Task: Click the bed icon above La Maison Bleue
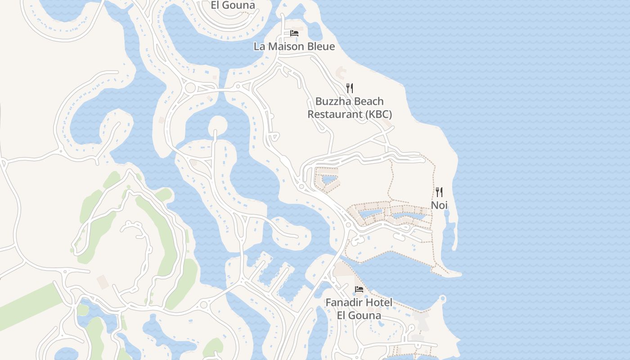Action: tap(294, 33)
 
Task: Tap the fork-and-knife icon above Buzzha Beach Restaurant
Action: tap(350, 88)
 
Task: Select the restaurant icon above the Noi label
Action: tap(439, 192)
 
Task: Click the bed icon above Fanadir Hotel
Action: tap(359, 289)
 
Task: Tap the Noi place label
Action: tap(439, 205)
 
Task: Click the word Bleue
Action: tap(321, 46)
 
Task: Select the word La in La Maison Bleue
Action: tap(259, 46)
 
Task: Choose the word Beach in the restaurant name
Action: tap(369, 101)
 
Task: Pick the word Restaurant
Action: tap(335, 114)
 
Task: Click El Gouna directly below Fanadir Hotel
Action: tap(359, 315)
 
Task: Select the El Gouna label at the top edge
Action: tap(233, 5)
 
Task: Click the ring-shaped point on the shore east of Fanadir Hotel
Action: tap(442, 298)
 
